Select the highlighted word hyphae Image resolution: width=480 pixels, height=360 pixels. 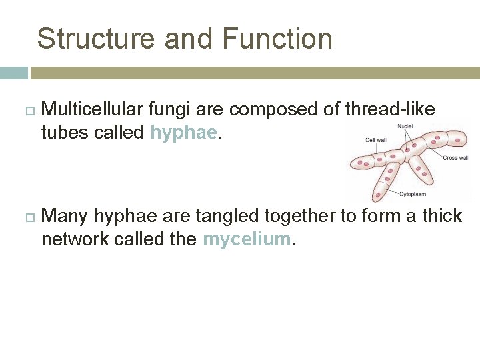183,133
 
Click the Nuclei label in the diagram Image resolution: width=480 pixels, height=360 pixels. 405,126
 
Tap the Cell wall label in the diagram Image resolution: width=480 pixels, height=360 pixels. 375,141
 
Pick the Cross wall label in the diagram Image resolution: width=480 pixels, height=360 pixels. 457,158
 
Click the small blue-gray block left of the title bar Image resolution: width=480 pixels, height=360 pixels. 13,73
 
